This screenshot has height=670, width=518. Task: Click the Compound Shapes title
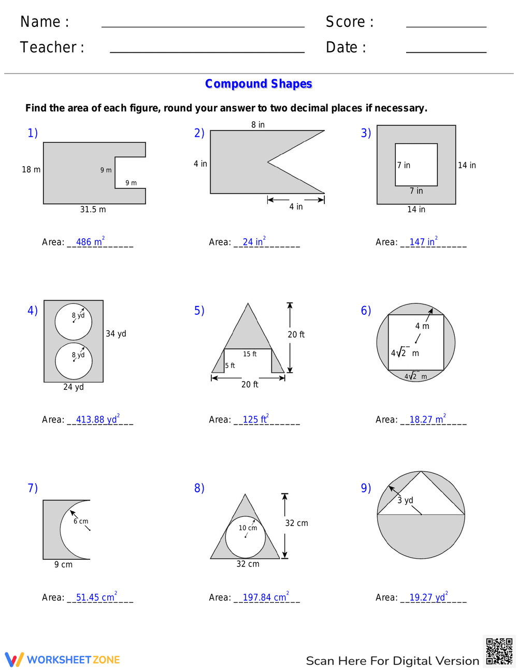pyautogui.click(x=258, y=84)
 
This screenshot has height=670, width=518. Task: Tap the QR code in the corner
pyautogui.click(x=499, y=651)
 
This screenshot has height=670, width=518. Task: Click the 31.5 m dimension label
pyautogui.click(x=93, y=210)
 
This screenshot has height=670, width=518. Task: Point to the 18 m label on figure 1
pyautogui.click(x=31, y=169)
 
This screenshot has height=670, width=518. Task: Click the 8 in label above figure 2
pyautogui.click(x=258, y=125)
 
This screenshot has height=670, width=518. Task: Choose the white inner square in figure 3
pyautogui.click(x=416, y=165)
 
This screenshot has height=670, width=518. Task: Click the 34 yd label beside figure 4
pyautogui.click(x=116, y=334)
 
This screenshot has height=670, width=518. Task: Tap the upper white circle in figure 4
pyautogui.click(x=74, y=322)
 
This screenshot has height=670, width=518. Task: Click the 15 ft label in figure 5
pyautogui.click(x=250, y=354)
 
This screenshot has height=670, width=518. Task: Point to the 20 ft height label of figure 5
pyautogui.click(x=296, y=335)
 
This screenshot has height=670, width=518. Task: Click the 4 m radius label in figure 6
pyautogui.click(x=422, y=326)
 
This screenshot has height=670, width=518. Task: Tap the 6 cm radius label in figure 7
pyautogui.click(x=81, y=521)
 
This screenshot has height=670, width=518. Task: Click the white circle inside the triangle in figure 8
pyautogui.click(x=246, y=536)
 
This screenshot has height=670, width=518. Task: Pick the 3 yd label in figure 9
pyautogui.click(x=405, y=500)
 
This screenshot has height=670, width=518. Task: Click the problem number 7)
pyautogui.click(x=33, y=488)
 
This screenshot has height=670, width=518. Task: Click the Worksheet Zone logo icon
pyautogui.click(x=15, y=660)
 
